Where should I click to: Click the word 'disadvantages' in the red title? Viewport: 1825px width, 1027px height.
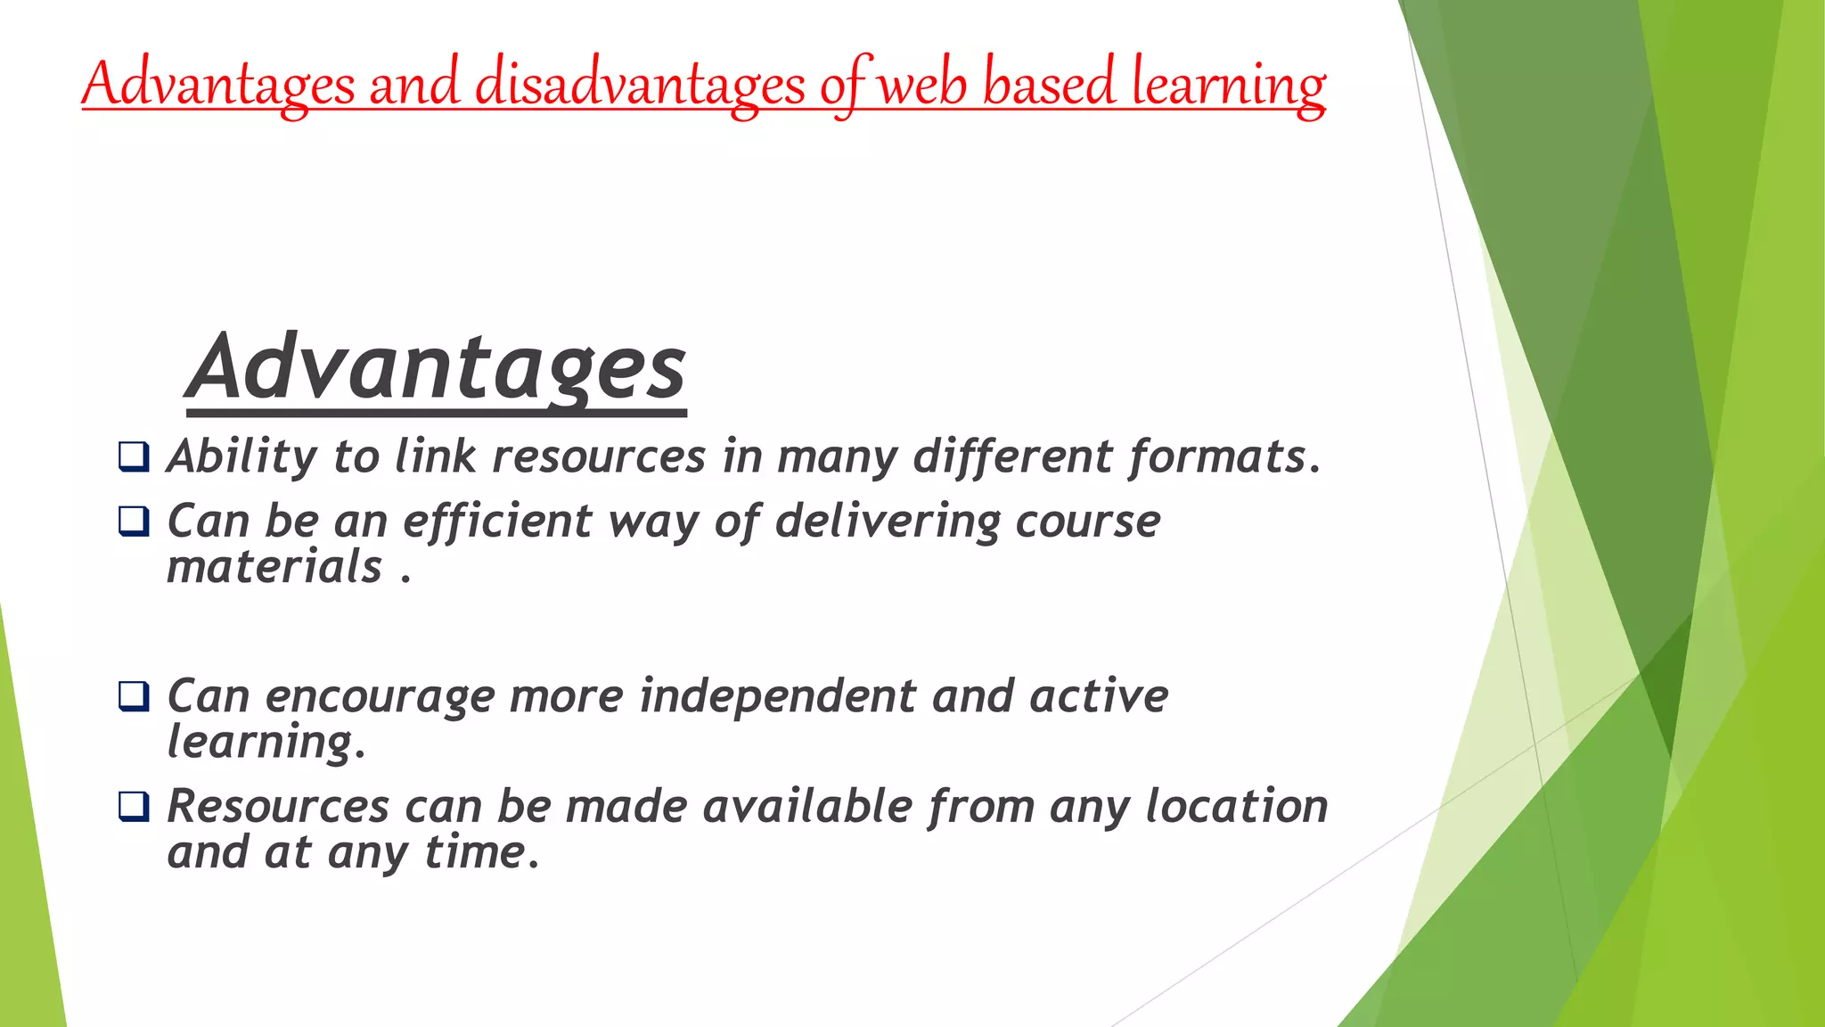[x=640, y=85]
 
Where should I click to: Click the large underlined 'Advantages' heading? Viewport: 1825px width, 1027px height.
[x=437, y=368]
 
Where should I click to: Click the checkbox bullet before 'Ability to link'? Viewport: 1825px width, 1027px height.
[x=134, y=456]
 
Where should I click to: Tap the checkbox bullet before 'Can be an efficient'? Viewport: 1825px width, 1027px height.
[x=134, y=521]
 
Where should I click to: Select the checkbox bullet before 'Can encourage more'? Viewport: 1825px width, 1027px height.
[x=134, y=695]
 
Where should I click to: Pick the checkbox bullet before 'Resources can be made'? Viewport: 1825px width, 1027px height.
[x=134, y=806]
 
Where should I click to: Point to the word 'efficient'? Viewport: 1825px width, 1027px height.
[x=497, y=521]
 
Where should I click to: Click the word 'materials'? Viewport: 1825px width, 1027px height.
[x=274, y=567]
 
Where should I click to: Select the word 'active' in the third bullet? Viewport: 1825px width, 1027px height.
[x=1098, y=695]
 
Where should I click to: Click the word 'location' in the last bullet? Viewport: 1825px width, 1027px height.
[x=1236, y=806]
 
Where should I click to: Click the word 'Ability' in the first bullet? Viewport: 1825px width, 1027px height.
[x=241, y=456]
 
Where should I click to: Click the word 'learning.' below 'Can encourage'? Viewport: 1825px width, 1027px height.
[x=266, y=742]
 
